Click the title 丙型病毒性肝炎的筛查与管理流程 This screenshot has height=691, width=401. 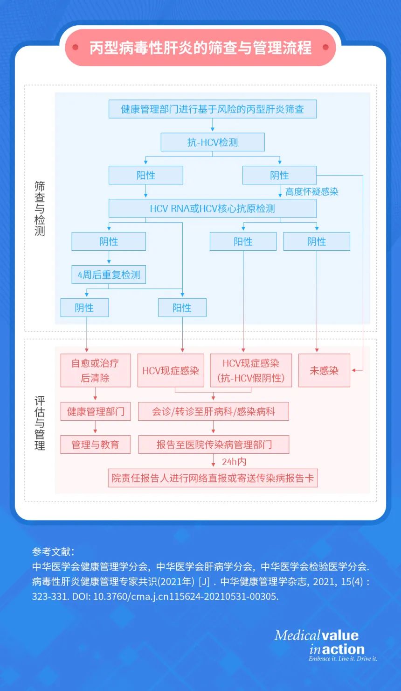(x=200, y=48)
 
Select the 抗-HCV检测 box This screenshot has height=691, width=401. (x=213, y=142)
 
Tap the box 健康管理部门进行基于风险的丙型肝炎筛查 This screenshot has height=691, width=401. (x=213, y=109)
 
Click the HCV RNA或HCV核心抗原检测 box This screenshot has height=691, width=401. (x=213, y=208)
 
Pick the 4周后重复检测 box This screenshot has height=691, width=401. (x=109, y=275)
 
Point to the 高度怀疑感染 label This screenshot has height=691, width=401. (x=311, y=191)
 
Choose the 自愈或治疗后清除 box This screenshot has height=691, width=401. (x=95, y=371)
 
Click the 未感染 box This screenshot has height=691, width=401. (x=324, y=371)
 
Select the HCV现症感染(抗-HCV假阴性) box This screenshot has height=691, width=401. (x=251, y=371)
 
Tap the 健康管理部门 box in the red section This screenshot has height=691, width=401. (x=95, y=411)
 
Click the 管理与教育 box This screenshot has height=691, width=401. (x=95, y=444)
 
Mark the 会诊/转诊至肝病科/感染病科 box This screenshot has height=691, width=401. (x=214, y=411)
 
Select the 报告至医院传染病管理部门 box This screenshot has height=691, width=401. (x=214, y=444)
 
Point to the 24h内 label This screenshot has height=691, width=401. (x=234, y=462)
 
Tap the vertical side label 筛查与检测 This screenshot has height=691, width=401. (x=40, y=208)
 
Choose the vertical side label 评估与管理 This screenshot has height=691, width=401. (x=40, y=423)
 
